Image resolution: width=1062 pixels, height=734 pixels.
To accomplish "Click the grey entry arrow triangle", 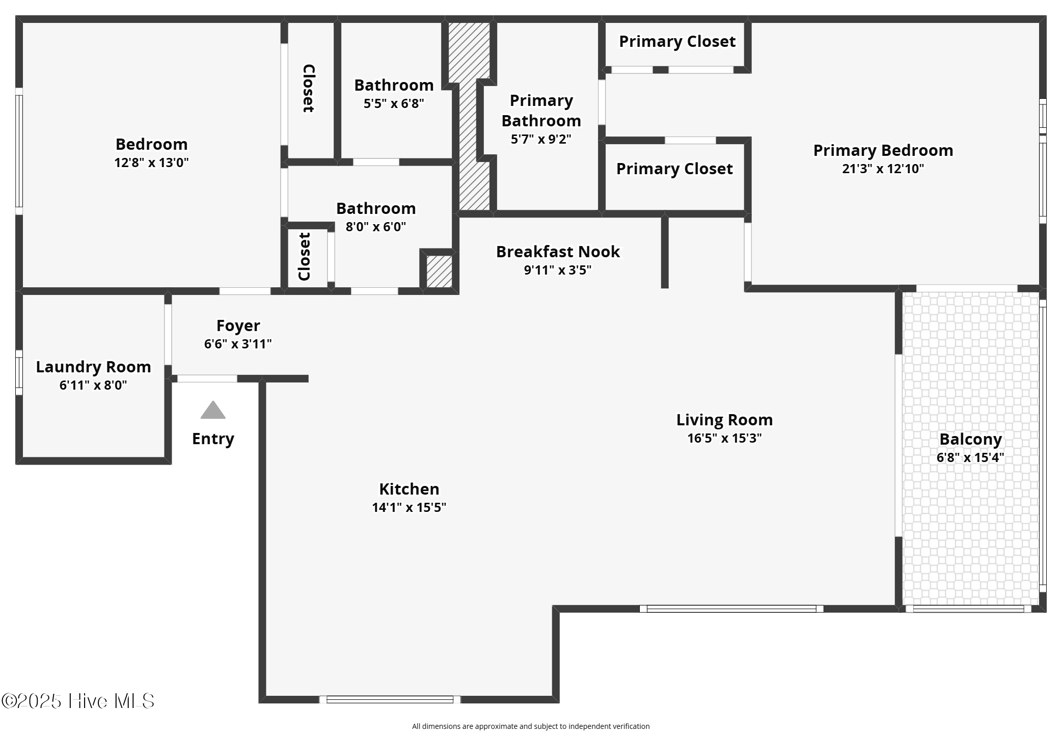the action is [x=213, y=410].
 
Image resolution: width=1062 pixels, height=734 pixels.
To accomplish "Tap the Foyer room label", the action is [x=238, y=325].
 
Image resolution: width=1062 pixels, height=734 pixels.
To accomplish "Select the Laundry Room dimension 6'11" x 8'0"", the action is [x=93, y=385].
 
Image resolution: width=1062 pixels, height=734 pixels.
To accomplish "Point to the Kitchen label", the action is [x=409, y=489].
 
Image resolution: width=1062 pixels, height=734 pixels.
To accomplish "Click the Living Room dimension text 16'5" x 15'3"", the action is [x=724, y=438].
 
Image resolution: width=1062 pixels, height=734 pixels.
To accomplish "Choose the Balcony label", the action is [x=970, y=439].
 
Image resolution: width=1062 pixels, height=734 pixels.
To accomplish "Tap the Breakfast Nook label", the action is [x=558, y=252].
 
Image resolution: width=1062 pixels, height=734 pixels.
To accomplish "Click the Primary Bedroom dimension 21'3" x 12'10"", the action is [x=883, y=169].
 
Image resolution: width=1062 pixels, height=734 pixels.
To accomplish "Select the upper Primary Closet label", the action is [x=677, y=42].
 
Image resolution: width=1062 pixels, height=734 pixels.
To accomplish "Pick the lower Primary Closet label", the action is [x=674, y=169].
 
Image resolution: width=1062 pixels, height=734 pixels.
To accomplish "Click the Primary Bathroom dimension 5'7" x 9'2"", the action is [x=541, y=139].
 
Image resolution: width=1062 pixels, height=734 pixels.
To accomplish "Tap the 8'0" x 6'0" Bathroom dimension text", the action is [x=376, y=227].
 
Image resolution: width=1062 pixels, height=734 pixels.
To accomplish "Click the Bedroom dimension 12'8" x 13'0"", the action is [x=151, y=162].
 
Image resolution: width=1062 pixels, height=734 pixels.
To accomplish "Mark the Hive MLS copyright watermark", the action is [x=78, y=701].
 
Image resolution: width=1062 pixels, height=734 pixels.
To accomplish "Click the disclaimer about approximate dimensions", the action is [x=531, y=726].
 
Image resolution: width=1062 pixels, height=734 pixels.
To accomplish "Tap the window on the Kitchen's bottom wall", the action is [x=390, y=699].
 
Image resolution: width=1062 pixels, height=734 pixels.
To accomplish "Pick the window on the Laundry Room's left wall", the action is [x=19, y=372].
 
